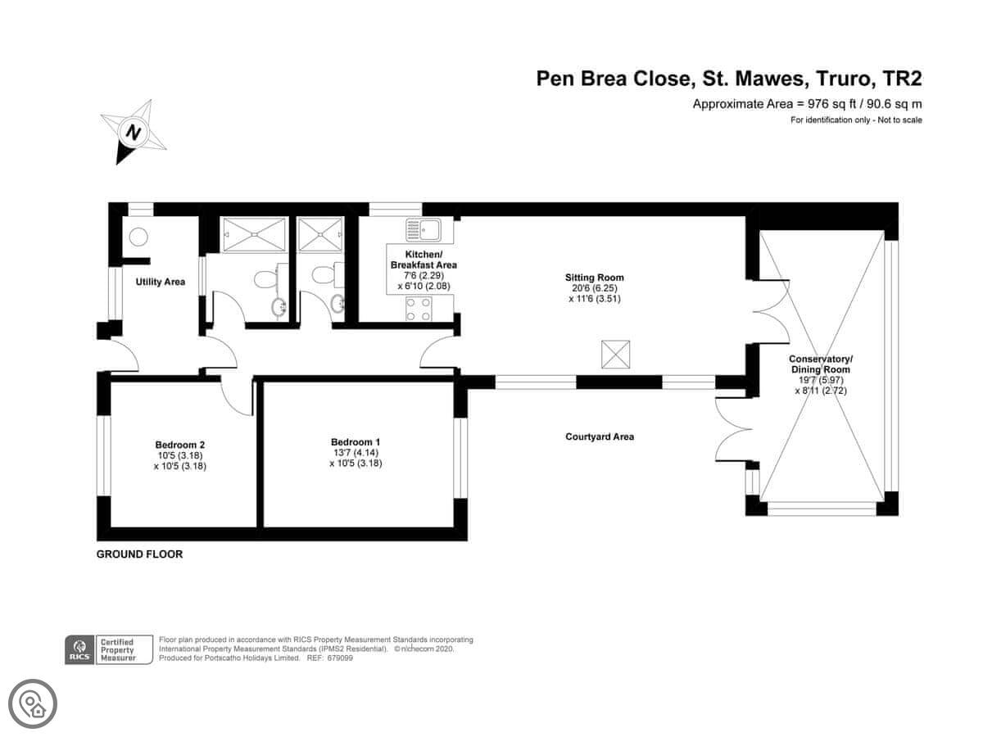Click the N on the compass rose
coord(134,133)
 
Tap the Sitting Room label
coord(594,278)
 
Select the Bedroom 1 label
coord(356,442)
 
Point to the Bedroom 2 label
coord(180,445)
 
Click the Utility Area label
coord(161,282)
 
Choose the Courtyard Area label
coord(600,436)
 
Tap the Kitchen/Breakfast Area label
coord(424,260)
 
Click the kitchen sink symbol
coord(424,230)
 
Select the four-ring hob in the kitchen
coord(419,309)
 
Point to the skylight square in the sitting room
coord(615,355)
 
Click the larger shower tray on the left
coord(255,234)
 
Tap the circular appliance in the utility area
coord(138,237)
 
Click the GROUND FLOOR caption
coord(140,554)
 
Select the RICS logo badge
coord(79,649)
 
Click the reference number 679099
coord(340,658)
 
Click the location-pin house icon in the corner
coord(33,703)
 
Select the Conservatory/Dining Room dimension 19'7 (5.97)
coord(821,380)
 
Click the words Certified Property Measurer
coord(118,649)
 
